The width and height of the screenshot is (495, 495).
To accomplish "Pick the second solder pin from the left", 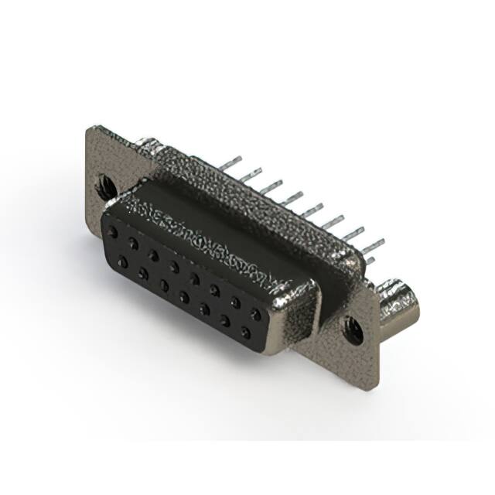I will [249, 175].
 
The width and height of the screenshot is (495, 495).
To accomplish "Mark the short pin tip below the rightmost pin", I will [370, 261].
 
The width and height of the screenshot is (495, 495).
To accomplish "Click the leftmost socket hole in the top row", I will [114, 231].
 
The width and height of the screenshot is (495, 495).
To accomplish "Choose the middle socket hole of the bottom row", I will [185, 296].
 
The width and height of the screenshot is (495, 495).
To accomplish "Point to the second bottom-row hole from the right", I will [226, 320].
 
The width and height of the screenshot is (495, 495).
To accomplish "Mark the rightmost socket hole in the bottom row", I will [246, 333].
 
